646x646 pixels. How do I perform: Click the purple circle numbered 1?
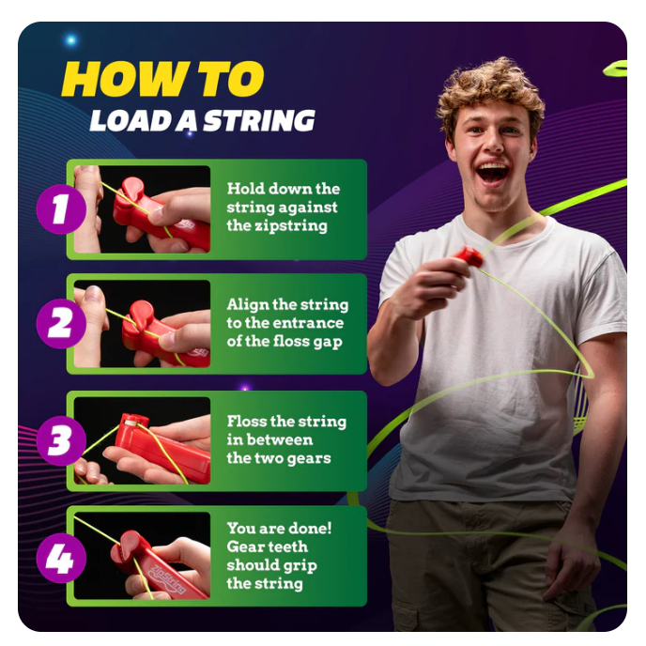61,209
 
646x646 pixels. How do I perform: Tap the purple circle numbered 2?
61,323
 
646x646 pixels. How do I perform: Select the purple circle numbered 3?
61,440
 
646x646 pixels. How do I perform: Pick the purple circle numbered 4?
61,558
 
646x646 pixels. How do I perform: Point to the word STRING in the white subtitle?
259,121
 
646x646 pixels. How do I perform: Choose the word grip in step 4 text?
301,565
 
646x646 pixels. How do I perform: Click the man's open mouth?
492,173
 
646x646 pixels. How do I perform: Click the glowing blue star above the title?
71,40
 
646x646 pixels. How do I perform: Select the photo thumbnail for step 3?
142,440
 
